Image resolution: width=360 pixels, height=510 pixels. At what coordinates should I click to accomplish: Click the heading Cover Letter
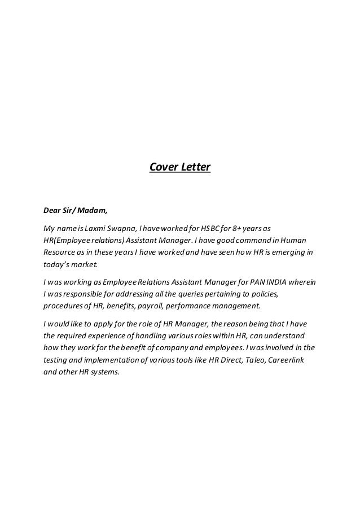coord(179,167)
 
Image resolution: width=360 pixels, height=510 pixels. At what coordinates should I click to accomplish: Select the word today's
coord(56,263)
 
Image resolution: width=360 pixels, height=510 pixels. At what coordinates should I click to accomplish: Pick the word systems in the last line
coord(106,372)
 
